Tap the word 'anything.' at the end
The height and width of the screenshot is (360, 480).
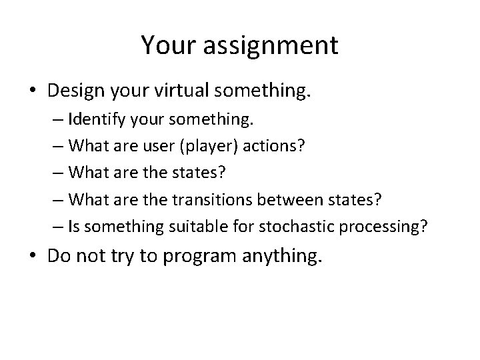[x=273, y=257]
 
